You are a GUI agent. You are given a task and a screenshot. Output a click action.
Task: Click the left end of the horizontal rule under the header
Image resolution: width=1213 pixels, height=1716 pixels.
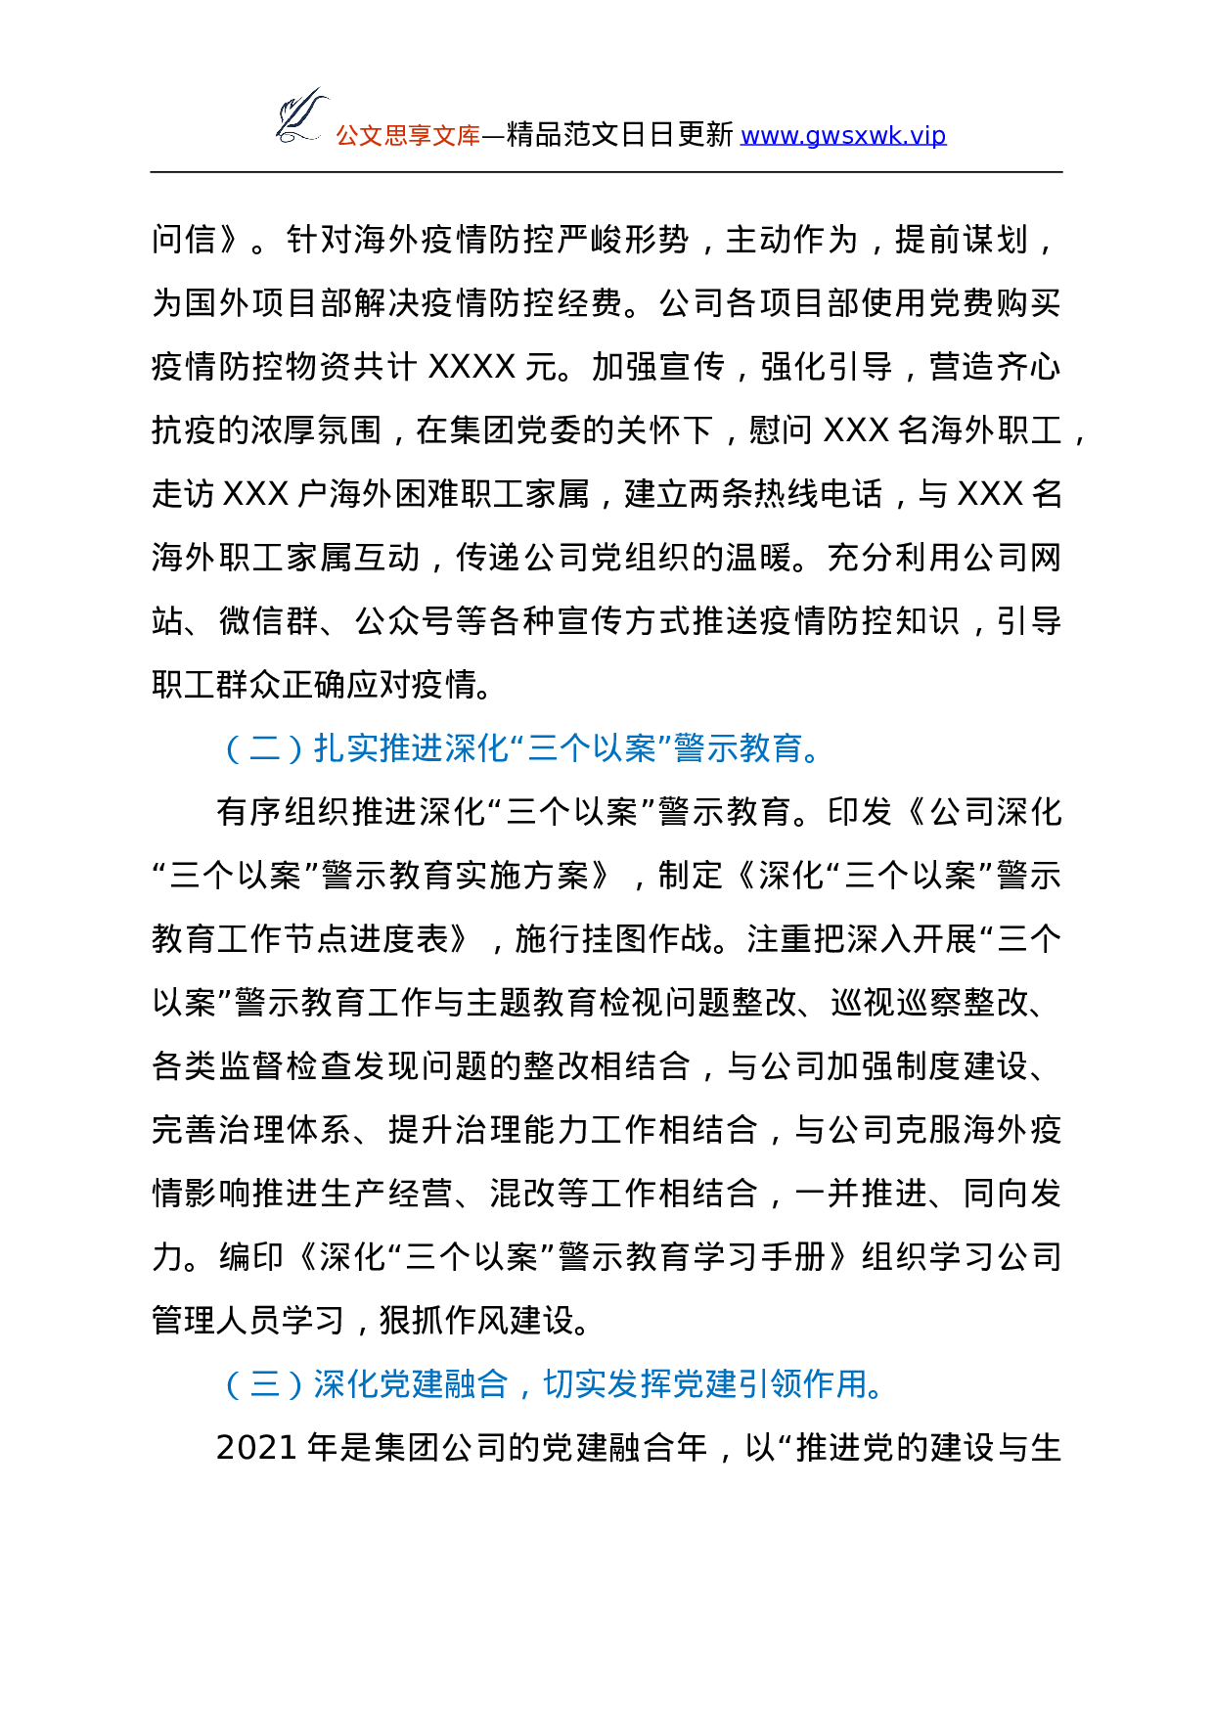tap(151, 172)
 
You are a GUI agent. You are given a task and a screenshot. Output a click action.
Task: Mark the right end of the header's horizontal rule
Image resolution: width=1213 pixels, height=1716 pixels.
tap(1062, 172)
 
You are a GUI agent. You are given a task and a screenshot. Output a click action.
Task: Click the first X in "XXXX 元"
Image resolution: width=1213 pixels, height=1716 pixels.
tap(440, 367)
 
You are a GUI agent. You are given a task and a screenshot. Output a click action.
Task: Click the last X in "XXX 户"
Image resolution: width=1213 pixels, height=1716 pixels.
tap(279, 494)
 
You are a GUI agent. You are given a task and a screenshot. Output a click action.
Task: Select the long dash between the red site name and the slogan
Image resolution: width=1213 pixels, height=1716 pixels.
tap(493, 135)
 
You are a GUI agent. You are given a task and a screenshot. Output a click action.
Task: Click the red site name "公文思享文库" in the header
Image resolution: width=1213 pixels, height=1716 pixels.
tap(408, 135)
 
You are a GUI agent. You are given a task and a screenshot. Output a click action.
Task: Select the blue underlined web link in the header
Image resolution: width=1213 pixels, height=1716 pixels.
tap(843, 135)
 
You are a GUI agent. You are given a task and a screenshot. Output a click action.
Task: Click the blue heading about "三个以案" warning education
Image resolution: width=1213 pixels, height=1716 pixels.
tap(525, 748)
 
